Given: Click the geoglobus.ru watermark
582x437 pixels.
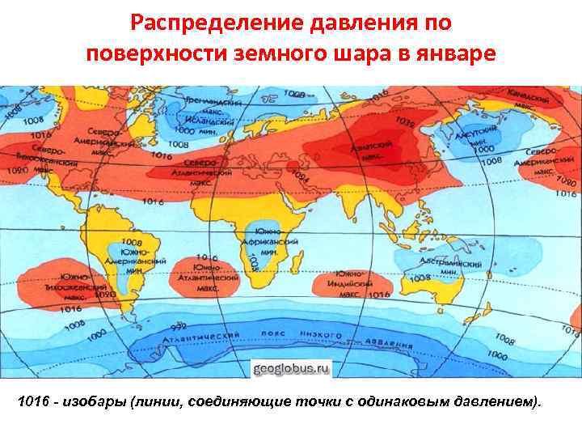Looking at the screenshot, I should (x=292, y=368).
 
